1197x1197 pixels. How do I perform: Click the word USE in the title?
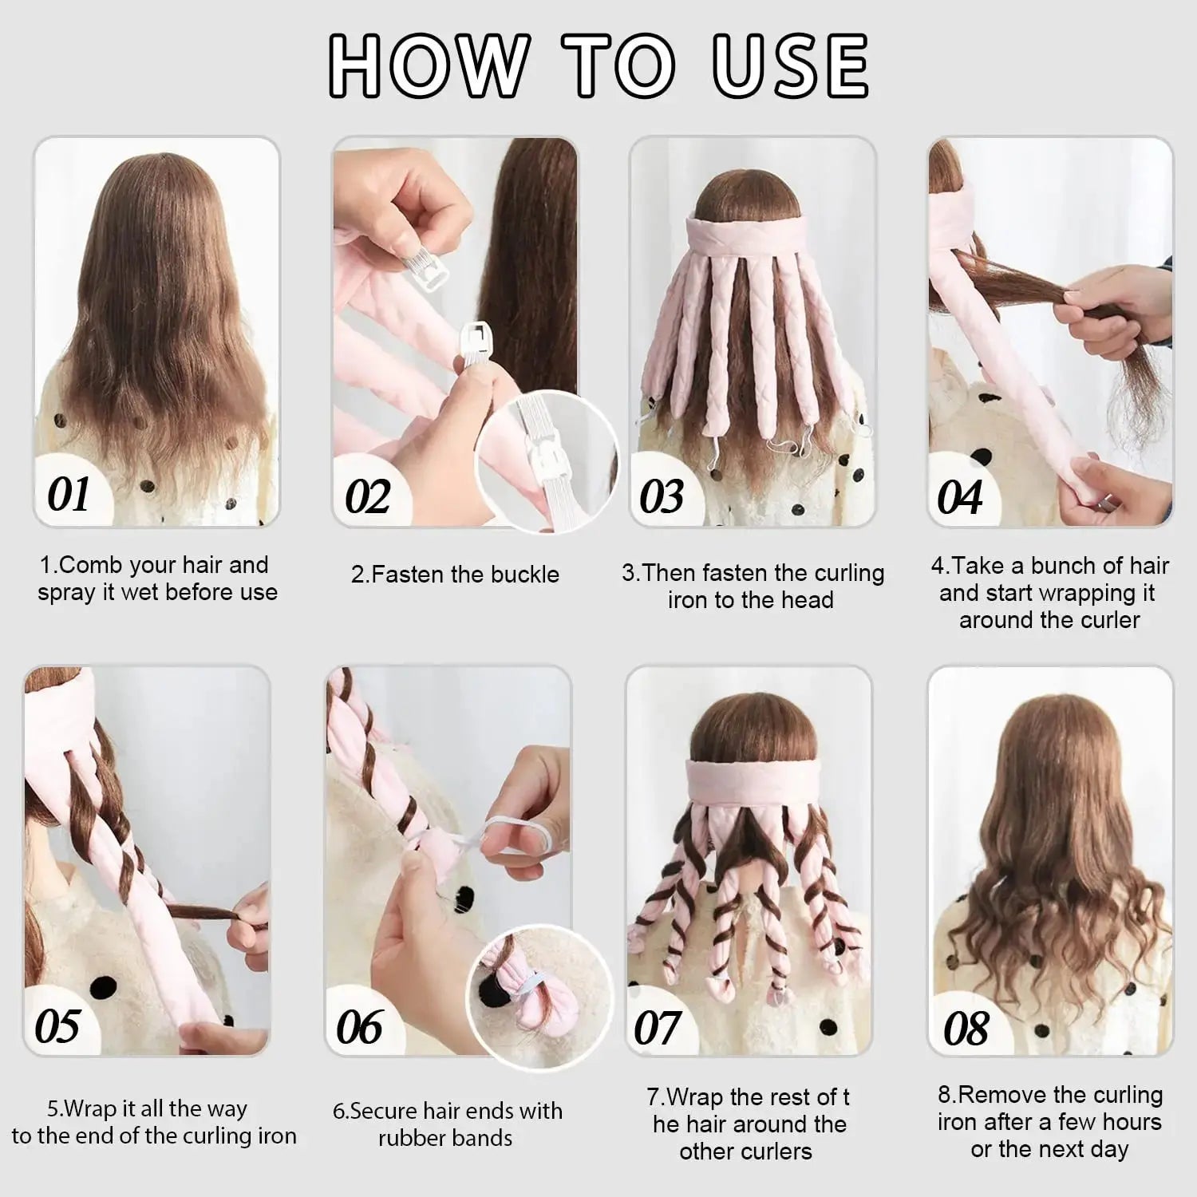point(789,65)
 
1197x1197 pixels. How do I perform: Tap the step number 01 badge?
point(69,495)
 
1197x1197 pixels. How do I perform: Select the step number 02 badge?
point(367,497)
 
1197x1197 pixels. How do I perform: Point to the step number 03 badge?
point(662,497)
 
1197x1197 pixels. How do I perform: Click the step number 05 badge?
point(57,1025)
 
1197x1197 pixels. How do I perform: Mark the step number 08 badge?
point(966,1028)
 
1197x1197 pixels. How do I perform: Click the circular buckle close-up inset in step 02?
point(547,463)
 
